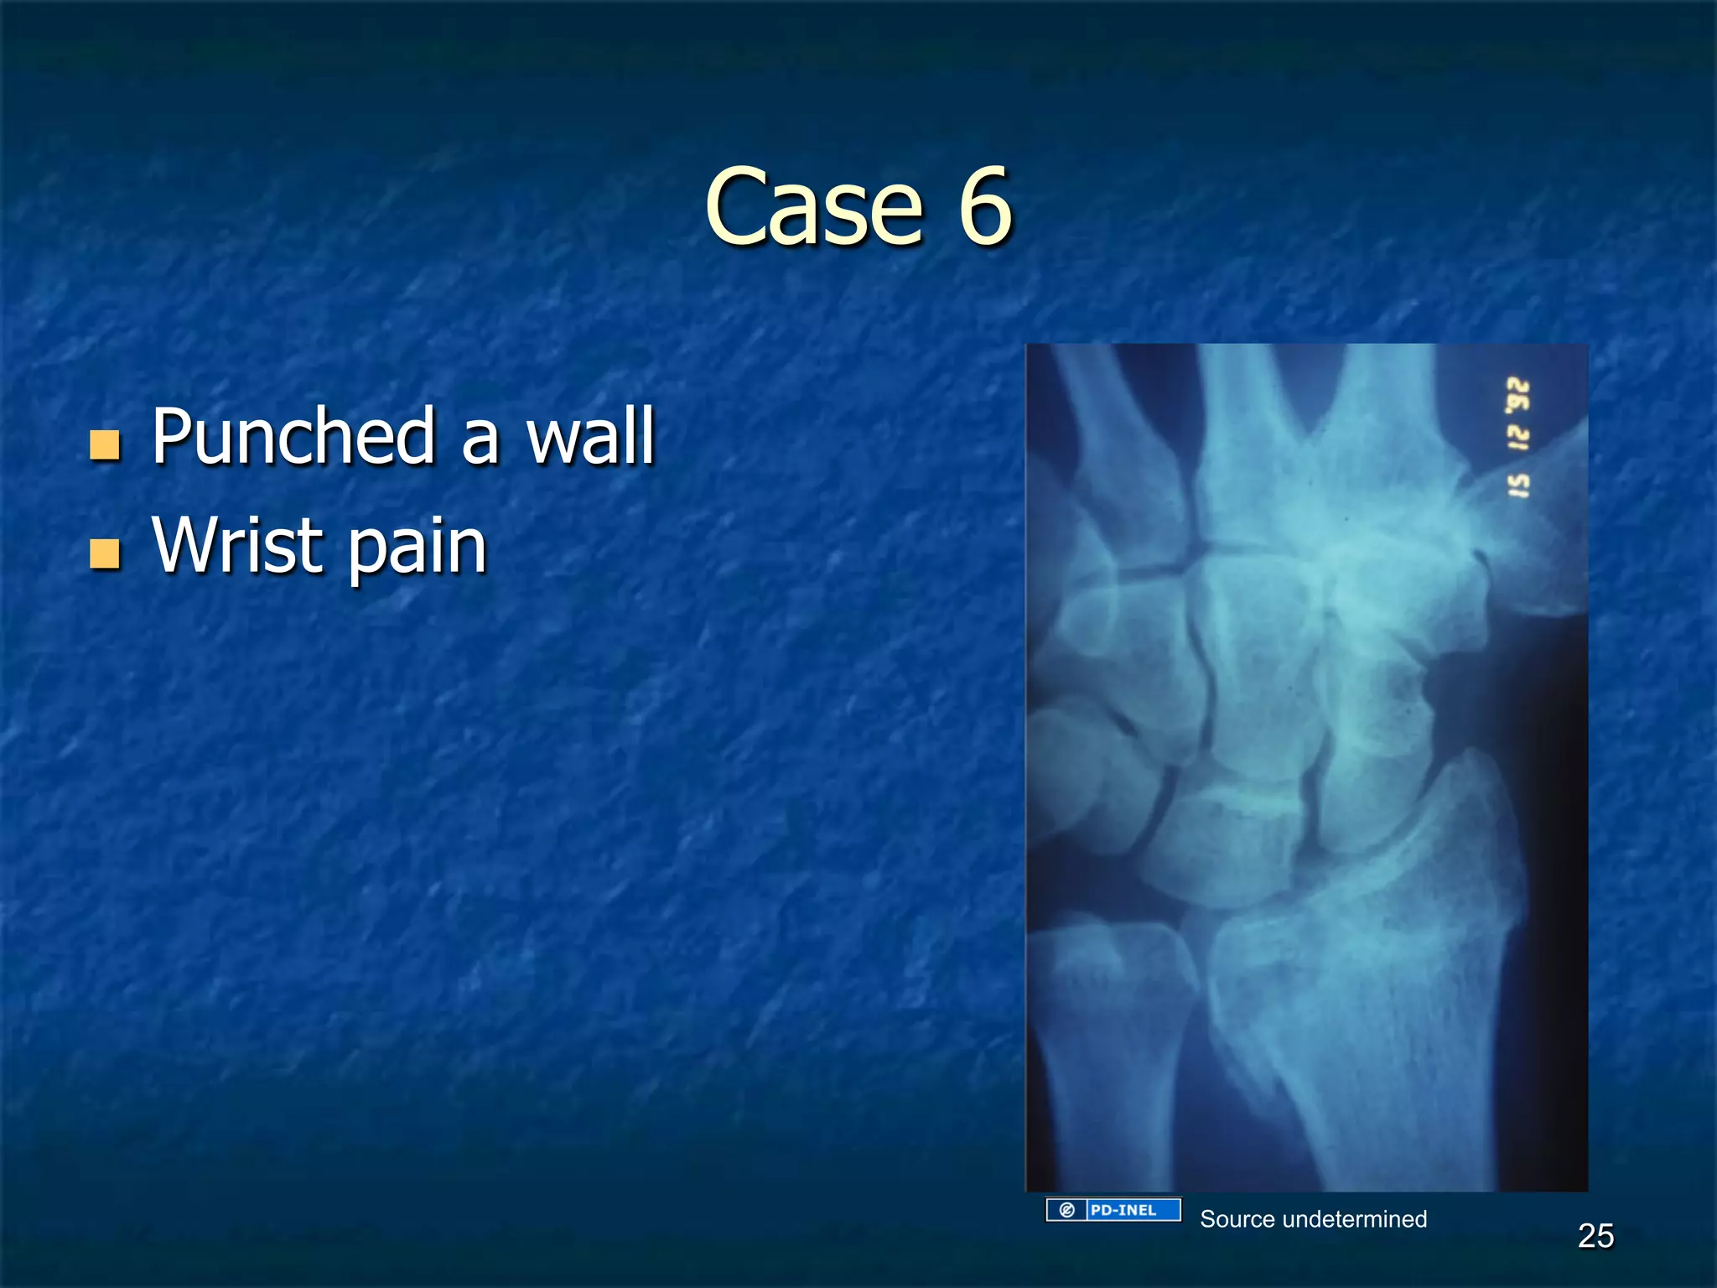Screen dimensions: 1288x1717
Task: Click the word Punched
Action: [x=293, y=436]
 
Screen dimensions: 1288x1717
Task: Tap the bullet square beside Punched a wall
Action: [x=105, y=445]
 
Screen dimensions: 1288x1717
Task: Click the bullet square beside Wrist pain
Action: [x=105, y=554]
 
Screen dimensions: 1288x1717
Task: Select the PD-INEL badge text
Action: [x=1123, y=1210]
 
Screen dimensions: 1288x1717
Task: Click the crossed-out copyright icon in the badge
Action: [x=1066, y=1210]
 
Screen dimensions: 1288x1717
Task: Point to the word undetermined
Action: [x=1354, y=1219]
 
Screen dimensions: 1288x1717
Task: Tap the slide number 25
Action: [x=1595, y=1236]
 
